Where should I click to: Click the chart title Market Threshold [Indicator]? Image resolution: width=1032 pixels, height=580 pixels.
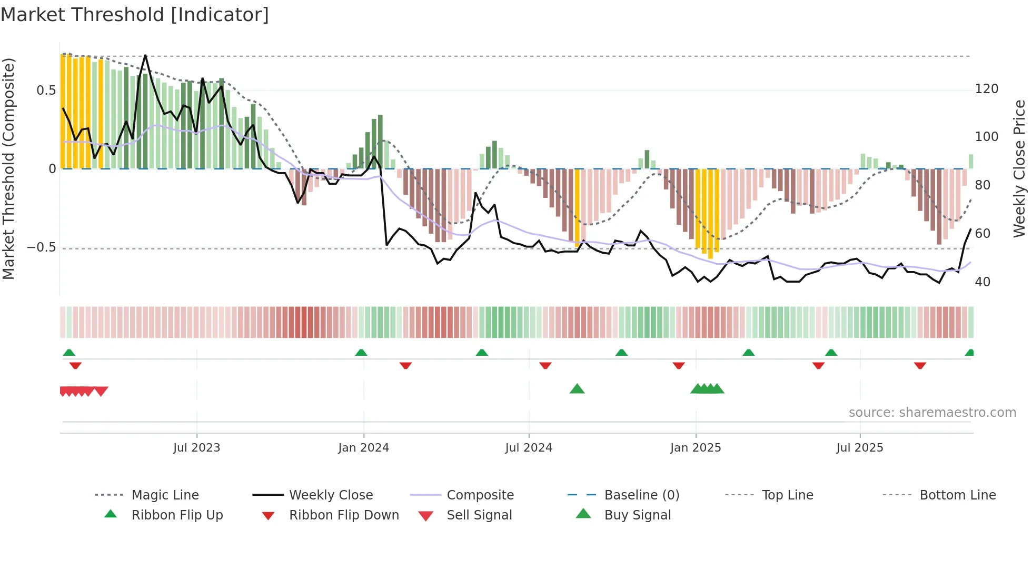point(135,15)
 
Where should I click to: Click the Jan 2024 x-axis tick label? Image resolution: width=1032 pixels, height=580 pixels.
point(363,448)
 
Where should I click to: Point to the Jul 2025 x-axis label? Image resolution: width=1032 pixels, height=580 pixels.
point(859,448)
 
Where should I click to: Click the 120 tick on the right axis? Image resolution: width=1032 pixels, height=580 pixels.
point(986,89)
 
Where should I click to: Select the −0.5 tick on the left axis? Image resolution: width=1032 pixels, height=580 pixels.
point(41,247)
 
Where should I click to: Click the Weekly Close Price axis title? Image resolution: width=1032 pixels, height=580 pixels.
point(1019,168)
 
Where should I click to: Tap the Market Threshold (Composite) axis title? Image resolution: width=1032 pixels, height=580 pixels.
point(8,168)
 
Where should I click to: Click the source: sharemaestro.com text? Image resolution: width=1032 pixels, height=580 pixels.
point(932,413)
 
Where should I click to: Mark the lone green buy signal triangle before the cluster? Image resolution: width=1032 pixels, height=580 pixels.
point(577,389)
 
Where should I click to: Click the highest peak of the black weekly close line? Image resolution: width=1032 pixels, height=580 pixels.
point(145,55)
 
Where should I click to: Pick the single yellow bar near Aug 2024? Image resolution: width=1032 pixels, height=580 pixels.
point(577,205)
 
